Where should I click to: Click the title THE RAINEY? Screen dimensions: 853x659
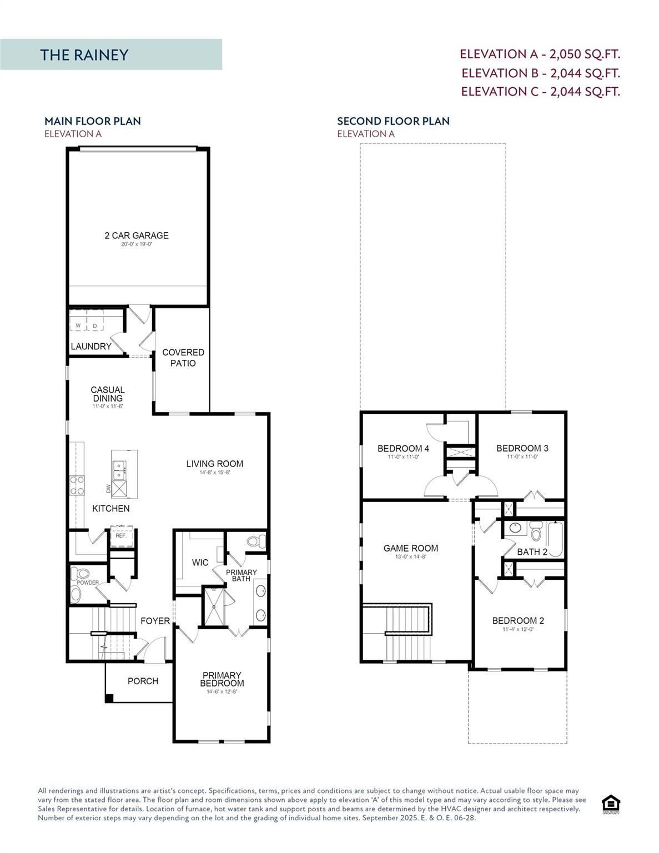tap(84, 54)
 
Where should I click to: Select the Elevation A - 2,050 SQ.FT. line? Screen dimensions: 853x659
tap(540, 54)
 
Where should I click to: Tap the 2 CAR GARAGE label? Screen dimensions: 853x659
tap(137, 235)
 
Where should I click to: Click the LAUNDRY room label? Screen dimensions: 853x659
tap(91, 346)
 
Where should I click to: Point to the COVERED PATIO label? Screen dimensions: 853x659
tap(183, 358)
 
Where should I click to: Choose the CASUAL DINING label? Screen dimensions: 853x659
tap(108, 394)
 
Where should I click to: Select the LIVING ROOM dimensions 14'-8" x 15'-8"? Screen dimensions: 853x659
tap(215, 473)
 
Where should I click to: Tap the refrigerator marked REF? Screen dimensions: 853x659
tap(121, 536)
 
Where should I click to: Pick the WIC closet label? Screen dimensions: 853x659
tap(200, 563)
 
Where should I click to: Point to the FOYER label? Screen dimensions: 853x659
tap(155, 621)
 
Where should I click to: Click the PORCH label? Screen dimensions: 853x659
tap(143, 681)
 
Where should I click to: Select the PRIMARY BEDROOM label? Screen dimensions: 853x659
tap(223, 679)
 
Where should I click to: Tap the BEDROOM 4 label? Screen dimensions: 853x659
tap(403, 448)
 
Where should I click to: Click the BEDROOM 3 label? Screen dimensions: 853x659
tap(522, 448)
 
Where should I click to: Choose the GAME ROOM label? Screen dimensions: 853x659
tap(411, 548)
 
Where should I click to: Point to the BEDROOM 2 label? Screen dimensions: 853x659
tap(518, 620)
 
